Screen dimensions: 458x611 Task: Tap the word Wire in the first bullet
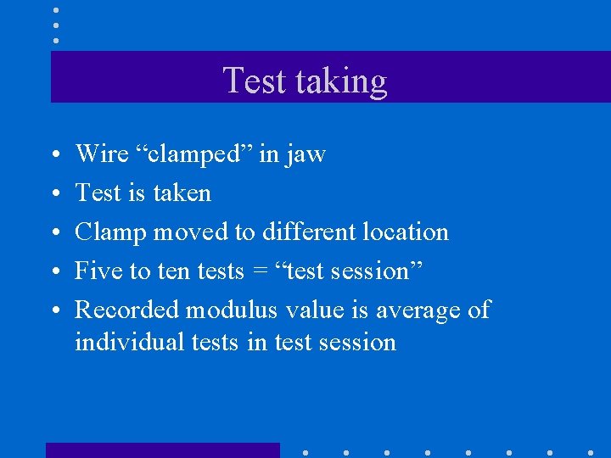point(98,154)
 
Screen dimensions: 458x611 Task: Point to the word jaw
point(305,155)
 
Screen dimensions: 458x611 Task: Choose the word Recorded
point(127,310)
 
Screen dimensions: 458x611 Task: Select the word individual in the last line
point(126,342)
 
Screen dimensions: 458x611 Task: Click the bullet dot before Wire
point(54,155)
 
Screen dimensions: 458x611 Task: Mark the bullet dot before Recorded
point(54,311)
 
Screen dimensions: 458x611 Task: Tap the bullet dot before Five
point(54,272)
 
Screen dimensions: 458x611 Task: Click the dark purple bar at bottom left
point(162,450)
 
